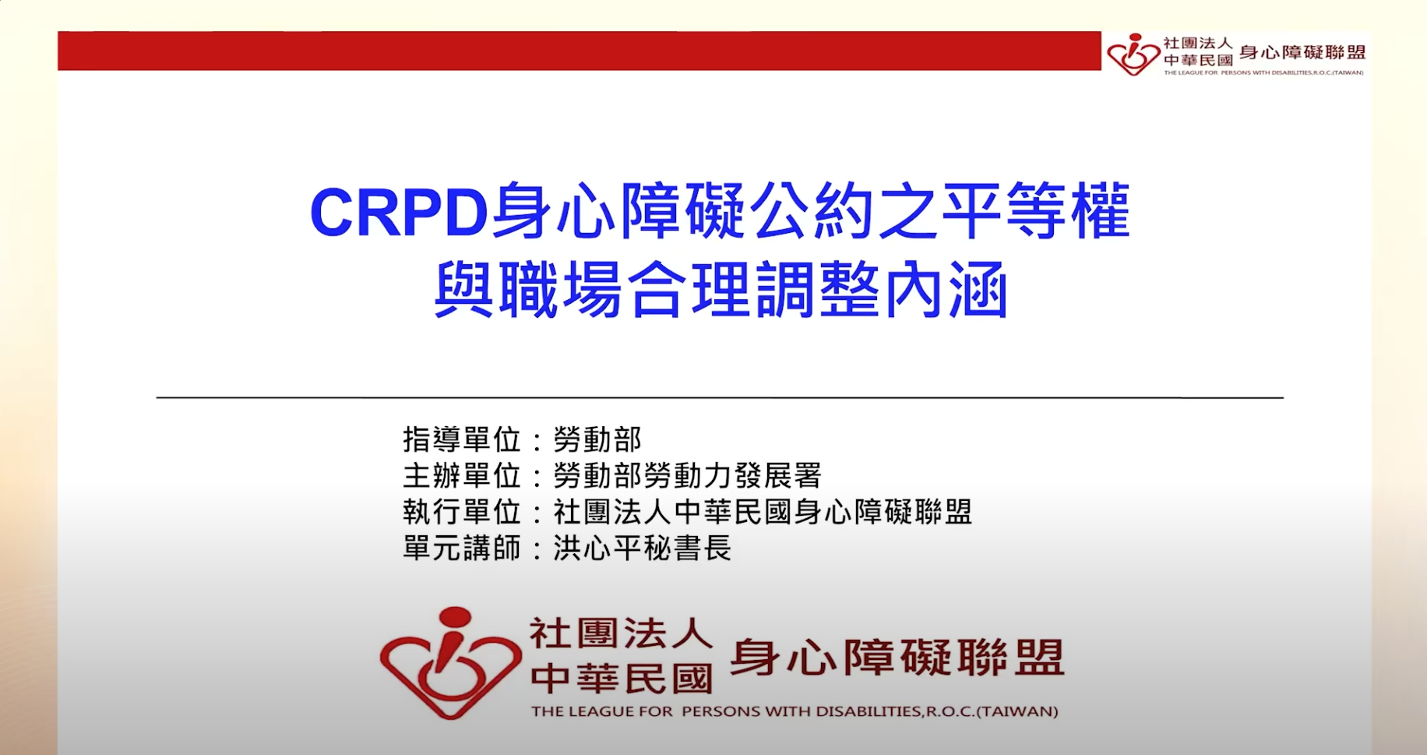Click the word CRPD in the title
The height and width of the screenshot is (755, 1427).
399,213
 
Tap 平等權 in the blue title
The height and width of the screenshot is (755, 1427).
1036,211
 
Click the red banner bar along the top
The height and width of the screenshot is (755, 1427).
579,51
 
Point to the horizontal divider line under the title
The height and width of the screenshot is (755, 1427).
719,397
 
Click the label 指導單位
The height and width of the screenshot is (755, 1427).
462,439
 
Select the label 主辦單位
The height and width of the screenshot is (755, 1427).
462,475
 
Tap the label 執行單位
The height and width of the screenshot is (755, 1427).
462,512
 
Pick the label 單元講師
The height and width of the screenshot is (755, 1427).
462,548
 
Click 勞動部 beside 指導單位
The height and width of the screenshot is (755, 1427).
597,439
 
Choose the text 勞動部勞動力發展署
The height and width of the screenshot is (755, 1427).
687,475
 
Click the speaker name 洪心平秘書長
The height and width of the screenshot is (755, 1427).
643,548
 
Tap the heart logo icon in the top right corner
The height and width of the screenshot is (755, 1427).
1133,54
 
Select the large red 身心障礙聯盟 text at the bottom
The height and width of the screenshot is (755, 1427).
897,657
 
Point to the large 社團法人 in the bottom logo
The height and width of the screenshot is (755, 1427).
621,633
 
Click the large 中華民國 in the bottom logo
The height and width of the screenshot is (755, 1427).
621,679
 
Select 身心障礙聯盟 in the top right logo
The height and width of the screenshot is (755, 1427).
1302,52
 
